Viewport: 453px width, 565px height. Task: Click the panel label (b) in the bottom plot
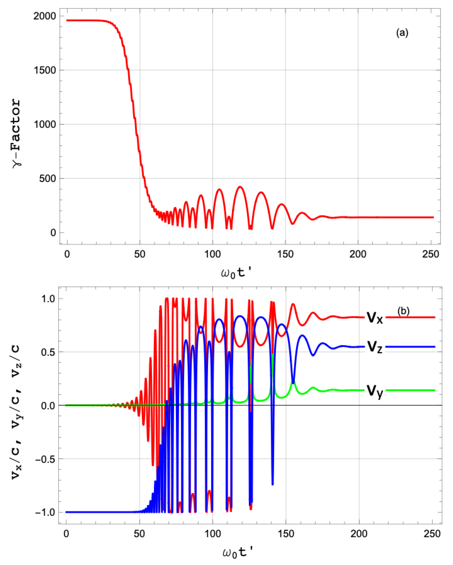[x=403, y=311]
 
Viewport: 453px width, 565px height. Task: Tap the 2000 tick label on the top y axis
[x=45, y=16]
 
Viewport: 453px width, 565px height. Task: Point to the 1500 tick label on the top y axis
[x=45, y=70]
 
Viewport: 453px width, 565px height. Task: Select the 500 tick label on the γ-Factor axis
[x=47, y=179]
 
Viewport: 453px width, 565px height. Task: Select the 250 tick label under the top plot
[x=430, y=254]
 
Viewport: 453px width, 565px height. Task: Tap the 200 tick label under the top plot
[x=358, y=254]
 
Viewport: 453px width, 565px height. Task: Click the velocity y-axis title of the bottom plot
[x=16, y=406]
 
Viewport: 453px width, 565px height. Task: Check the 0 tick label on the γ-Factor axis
[x=53, y=233]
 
